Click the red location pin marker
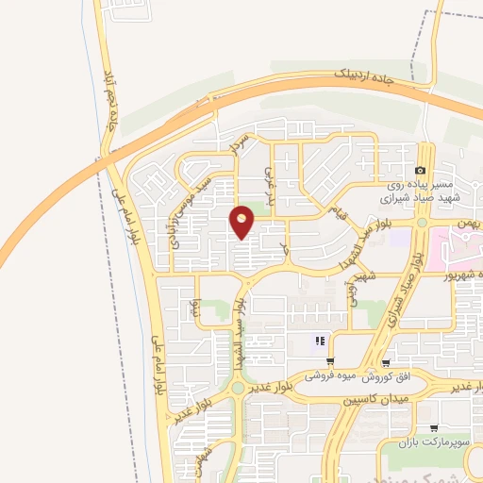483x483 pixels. click(242, 222)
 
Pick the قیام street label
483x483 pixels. click(337, 214)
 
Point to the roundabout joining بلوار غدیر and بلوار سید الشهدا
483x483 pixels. click(236, 387)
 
